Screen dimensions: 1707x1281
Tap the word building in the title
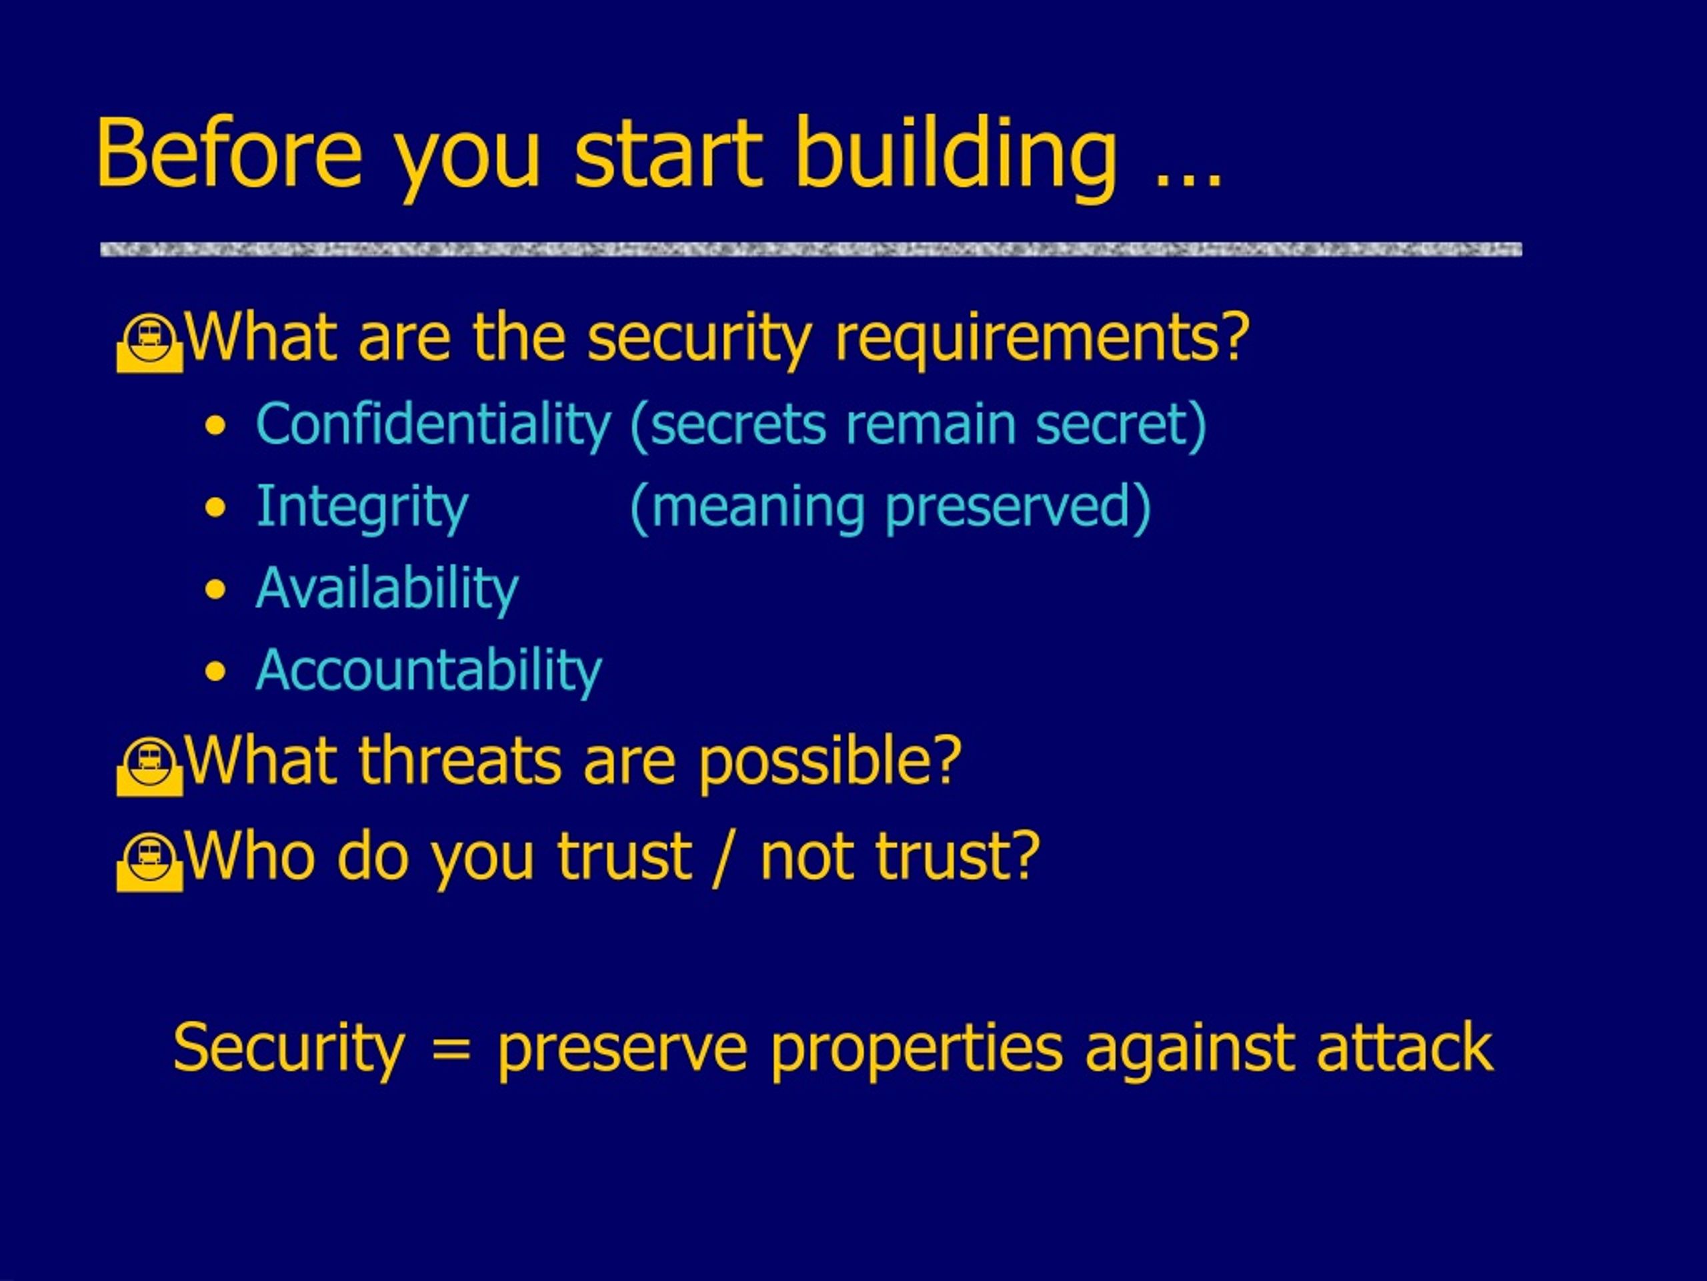click(x=956, y=157)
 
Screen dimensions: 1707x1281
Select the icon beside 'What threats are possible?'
click(x=150, y=767)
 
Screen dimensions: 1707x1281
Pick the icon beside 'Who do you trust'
click(x=150, y=863)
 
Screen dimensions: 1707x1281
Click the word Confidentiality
click(x=433, y=426)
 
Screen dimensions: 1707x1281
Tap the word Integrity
click(x=362, y=508)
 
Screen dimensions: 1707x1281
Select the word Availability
click(x=387, y=589)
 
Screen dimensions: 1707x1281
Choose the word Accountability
click(x=428, y=671)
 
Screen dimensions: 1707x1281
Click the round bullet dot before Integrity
click(x=216, y=508)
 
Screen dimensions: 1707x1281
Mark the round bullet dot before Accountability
click(x=216, y=672)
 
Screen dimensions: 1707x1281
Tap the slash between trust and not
click(x=725, y=858)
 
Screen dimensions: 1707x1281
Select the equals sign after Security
click(x=451, y=1050)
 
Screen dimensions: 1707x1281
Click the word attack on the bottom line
click(x=1404, y=1047)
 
